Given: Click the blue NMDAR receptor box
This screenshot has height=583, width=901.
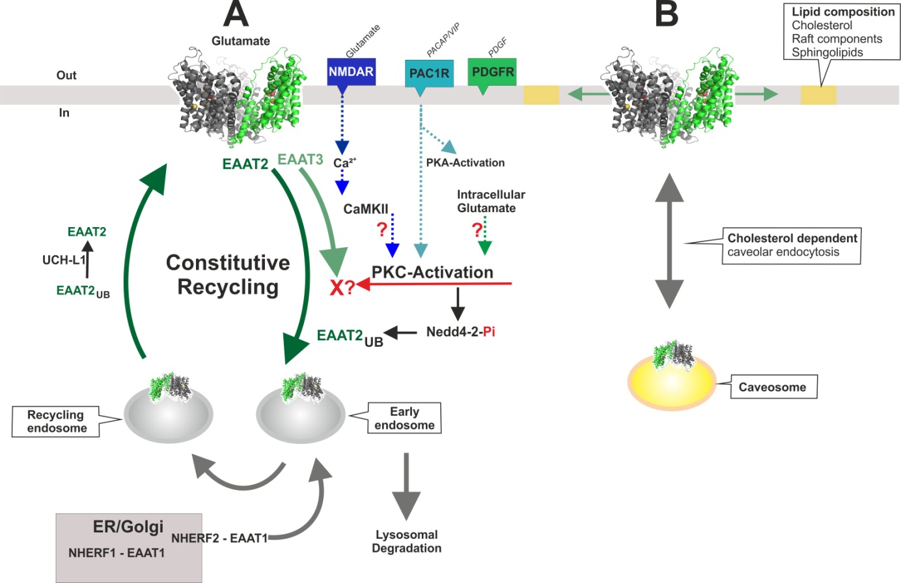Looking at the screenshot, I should (x=351, y=72).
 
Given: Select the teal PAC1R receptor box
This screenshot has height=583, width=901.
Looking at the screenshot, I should (x=429, y=74).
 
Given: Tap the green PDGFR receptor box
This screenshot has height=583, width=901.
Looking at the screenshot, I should (x=493, y=72).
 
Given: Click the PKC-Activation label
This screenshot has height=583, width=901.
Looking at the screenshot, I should (x=432, y=272).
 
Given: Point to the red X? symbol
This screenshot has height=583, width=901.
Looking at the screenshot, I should (x=342, y=287).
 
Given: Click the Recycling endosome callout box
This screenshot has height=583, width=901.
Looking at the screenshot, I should (x=56, y=422).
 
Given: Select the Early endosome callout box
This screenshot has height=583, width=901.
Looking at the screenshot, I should (x=404, y=418).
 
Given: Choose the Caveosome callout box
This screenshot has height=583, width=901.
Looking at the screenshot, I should (x=772, y=387).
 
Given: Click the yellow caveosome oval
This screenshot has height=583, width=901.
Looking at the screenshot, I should (x=671, y=383).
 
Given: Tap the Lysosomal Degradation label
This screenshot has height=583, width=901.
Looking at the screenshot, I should (x=406, y=541).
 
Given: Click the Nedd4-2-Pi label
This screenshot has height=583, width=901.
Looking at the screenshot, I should (x=460, y=332).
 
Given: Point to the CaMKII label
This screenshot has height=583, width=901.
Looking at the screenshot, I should (x=366, y=210).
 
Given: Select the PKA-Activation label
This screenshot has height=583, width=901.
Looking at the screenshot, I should (x=465, y=163).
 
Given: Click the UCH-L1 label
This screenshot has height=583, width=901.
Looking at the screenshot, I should (x=64, y=260).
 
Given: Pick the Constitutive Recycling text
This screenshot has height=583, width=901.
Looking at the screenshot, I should (x=228, y=275).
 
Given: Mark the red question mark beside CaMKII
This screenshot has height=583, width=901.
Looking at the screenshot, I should (x=382, y=230).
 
